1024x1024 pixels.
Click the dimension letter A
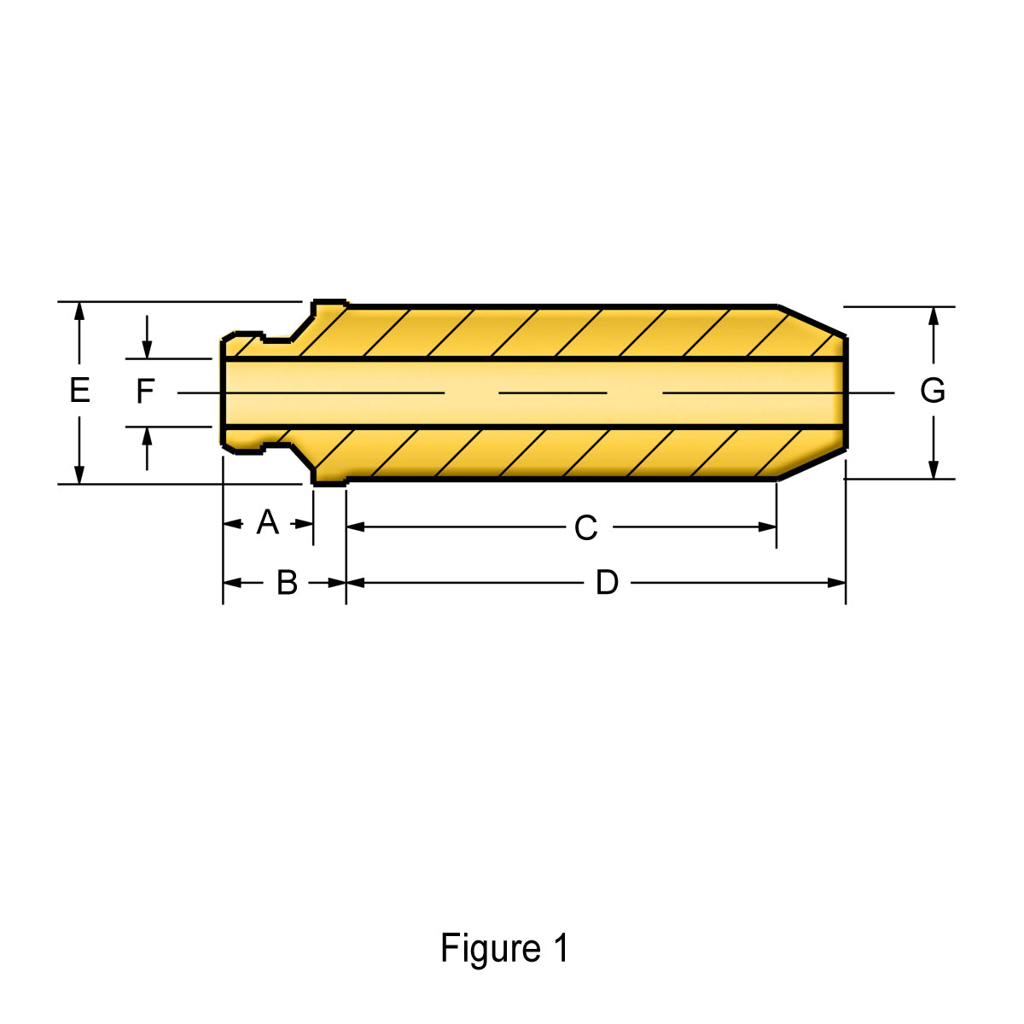point(268,522)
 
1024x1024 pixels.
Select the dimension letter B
point(288,583)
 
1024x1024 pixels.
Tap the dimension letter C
point(585,527)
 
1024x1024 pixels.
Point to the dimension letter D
point(607,583)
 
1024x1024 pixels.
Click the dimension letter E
point(79,390)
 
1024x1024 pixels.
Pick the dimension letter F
point(145,391)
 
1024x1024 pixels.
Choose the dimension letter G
point(933,391)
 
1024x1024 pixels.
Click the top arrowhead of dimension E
point(79,311)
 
